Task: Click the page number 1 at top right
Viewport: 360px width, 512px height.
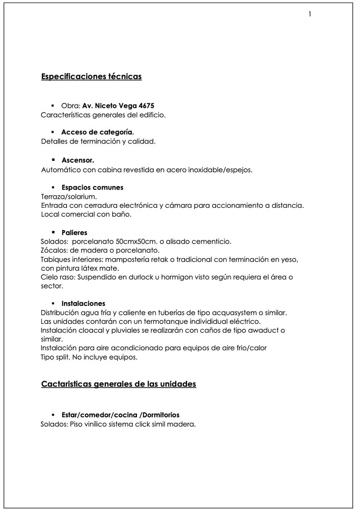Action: tap(310, 14)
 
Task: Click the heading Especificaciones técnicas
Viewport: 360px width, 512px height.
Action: tap(91, 77)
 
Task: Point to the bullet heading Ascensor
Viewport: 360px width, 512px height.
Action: tap(78, 160)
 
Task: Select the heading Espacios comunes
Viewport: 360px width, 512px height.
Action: tap(92, 188)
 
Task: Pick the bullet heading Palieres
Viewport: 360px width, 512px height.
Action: tap(74, 233)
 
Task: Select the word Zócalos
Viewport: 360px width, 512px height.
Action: tap(54, 250)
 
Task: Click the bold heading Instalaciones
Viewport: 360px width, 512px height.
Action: tap(83, 304)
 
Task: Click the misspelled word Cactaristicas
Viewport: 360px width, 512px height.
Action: tap(66, 384)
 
